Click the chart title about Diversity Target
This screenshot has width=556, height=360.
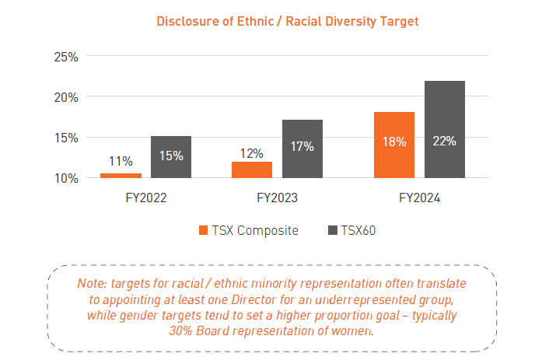click(x=288, y=21)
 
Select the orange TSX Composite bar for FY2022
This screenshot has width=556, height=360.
click(x=121, y=176)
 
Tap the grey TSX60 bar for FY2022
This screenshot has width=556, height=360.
click(x=171, y=157)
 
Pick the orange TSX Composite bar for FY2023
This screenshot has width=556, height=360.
click(x=252, y=170)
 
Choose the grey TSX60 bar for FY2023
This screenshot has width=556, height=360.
click(x=302, y=149)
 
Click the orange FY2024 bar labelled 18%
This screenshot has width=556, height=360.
click(x=394, y=145)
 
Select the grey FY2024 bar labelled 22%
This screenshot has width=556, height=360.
click(x=445, y=129)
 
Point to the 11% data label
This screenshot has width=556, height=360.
click(x=121, y=162)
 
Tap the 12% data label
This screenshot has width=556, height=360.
click(x=252, y=153)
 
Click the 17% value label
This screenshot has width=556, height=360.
click(x=302, y=146)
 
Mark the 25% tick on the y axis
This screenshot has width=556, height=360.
click(x=65, y=57)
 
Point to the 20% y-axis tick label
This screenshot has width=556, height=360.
click(x=65, y=97)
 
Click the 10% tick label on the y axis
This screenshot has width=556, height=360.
click(x=65, y=178)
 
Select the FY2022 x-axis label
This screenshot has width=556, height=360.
click(x=146, y=198)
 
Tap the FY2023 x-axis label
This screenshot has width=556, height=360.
click(x=278, y=198)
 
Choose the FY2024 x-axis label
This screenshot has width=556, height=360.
click(x=420, y=198)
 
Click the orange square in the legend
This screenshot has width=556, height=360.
click(x=204, y=230)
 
